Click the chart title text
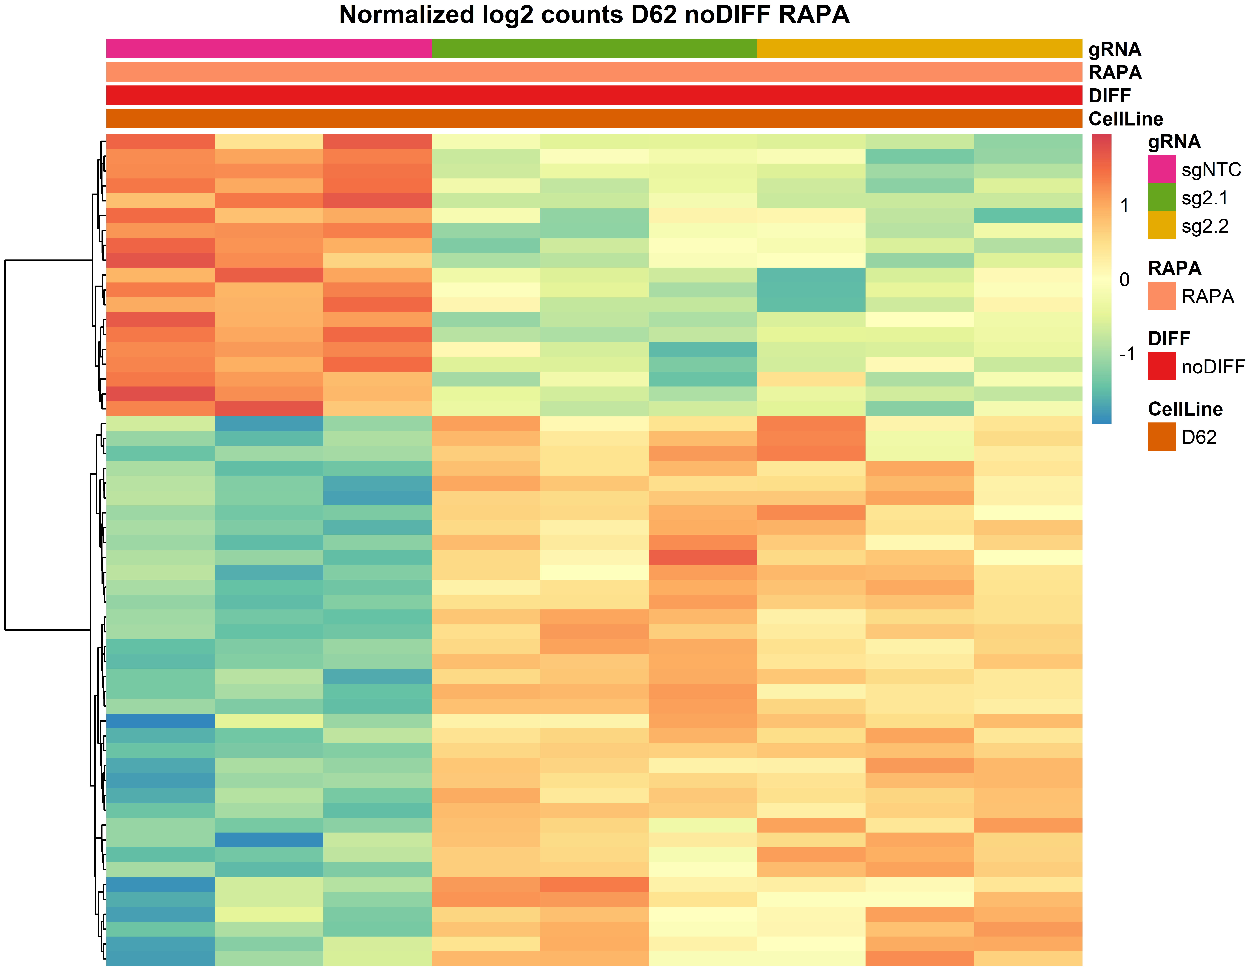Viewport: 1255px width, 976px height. (x=594, y=15)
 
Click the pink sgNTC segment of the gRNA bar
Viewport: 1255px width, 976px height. (x=269, y=49)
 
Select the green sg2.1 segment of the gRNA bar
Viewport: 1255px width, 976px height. (x=594, y=49)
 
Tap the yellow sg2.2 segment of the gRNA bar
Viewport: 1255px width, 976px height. (x=919, y=49)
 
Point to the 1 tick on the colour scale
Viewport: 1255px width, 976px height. (x=1125, y=206)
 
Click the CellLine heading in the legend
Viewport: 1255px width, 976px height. (x=1185, y=409)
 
